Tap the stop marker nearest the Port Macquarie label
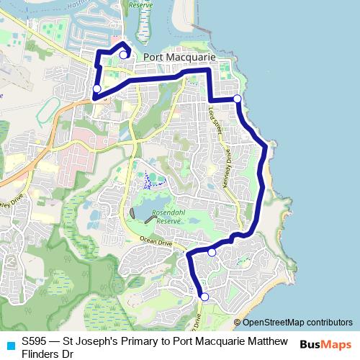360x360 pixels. pyautogui.click(x=123, y=55)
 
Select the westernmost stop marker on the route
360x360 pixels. pyautogui.click(x=97, y=89)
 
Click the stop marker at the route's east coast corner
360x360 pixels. pyautogui.click(x=237, y=98)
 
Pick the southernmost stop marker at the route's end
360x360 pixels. pyautogui.click(x=204, y=297)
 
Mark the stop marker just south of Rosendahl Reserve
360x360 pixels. pyautogui.click(x=212, y=252)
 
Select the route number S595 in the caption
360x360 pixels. pyautogui.click(x=35, y=340)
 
